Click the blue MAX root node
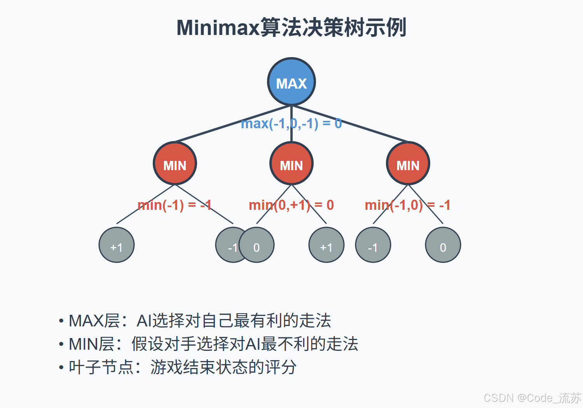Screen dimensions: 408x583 tap(291, 82)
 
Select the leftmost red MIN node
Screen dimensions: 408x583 tap(175, 164)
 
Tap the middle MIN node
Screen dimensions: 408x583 tap(291, 164)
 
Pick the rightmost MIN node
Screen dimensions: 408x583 tap(408, 164)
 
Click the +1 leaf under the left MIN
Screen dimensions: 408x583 tap(117, 245)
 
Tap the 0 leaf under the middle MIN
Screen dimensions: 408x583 tap(259, 245)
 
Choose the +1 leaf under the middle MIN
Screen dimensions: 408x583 tap(326, 245)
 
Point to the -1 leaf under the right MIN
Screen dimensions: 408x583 tap(373, 245)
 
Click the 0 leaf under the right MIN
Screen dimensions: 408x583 tap(443, 245)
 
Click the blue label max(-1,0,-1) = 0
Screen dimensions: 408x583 tap(291, 124)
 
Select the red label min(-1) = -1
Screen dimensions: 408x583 tap(175, 205)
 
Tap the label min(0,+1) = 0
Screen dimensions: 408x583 tap(291, 205)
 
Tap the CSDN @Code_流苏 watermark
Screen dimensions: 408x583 tap(532, 398)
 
